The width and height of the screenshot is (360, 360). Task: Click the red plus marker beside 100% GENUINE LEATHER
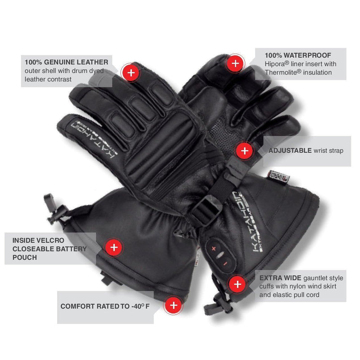coord(130,72)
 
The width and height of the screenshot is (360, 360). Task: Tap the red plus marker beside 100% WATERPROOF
coord(235,63)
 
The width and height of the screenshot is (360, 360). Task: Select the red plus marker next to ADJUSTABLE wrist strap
coord(244,151)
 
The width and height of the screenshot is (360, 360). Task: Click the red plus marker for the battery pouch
coord(114,247)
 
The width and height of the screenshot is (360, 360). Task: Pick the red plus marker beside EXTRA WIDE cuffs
coord(237,284)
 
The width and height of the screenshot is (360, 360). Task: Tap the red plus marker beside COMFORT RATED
coord(173,306)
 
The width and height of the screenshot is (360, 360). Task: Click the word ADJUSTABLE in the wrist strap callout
coord(289,151)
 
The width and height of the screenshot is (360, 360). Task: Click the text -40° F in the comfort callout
coord(139,306)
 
